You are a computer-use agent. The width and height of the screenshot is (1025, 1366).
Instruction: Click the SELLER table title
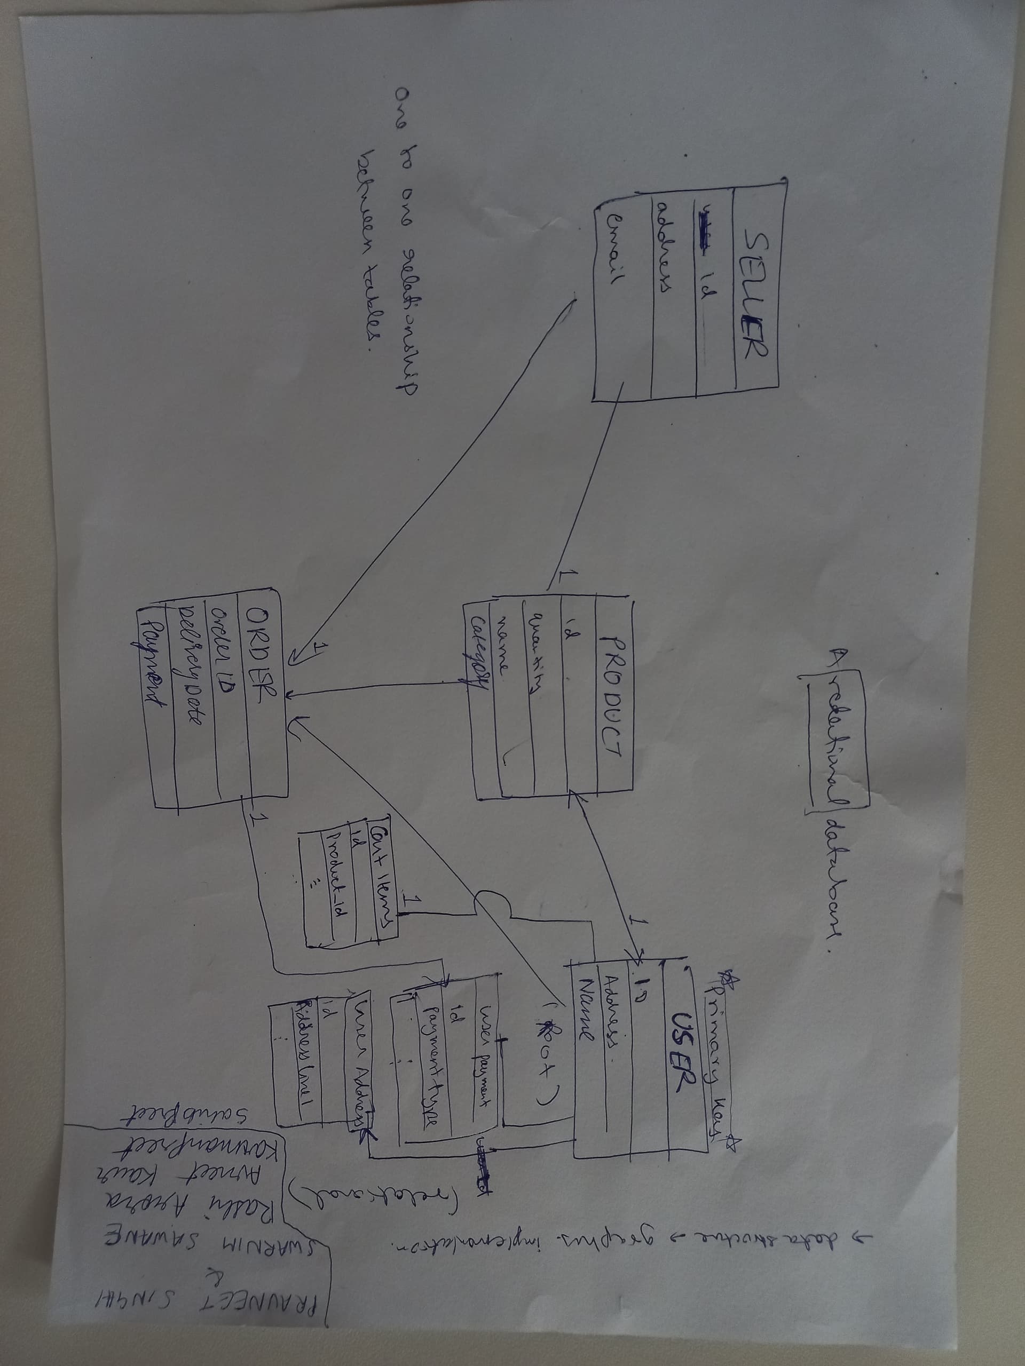coord(755,293)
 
